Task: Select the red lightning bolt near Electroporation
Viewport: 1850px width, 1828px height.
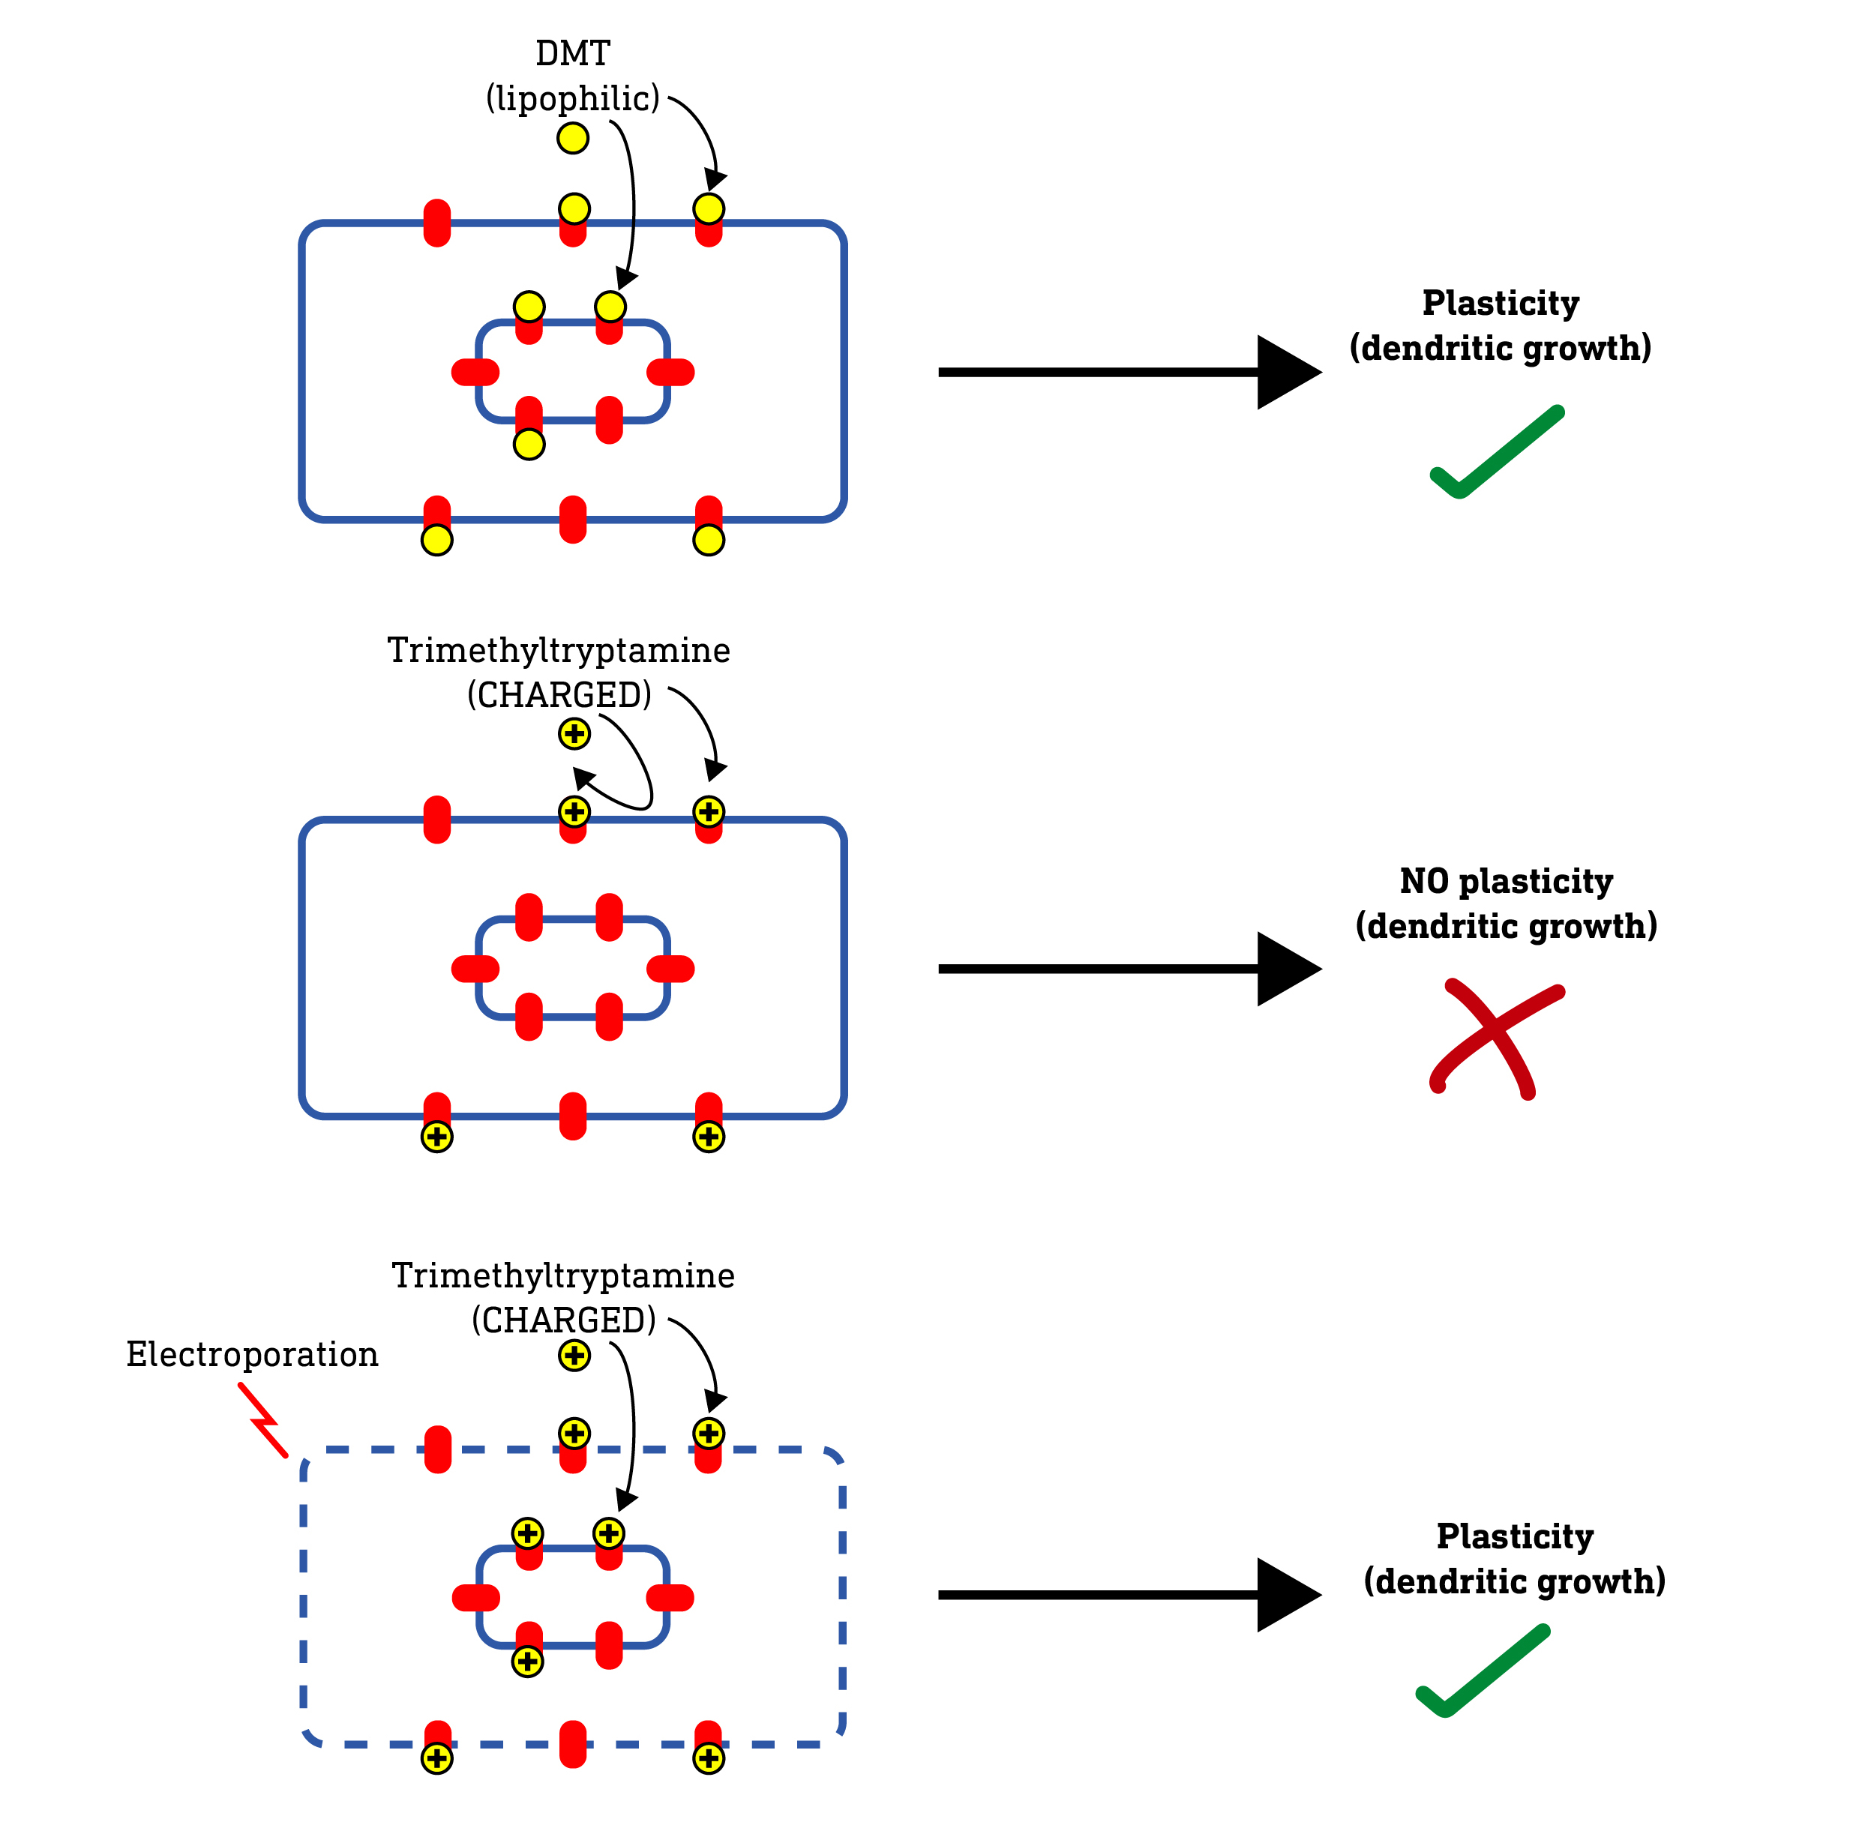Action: pos(262,1420)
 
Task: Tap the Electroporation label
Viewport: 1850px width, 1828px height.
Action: pos(252,1354)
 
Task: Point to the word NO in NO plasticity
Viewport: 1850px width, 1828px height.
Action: pos(1424,881)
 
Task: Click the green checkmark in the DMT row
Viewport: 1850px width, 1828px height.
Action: pos(1496,453)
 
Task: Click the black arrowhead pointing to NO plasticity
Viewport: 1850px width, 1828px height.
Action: pos(1287,969)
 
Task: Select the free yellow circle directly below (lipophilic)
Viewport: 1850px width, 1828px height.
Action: pos(573,139)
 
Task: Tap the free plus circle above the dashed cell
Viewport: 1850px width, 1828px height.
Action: pos(574,1356)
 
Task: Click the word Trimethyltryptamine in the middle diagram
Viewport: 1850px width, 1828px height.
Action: pos(558,650)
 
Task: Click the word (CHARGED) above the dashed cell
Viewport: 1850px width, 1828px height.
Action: pos(563,1320)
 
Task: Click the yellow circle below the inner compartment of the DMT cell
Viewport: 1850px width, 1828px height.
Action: pos(529,445)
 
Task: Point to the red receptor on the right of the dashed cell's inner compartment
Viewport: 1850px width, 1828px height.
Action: pos(670,1597)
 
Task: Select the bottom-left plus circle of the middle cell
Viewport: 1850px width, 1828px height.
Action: pos(436,1137)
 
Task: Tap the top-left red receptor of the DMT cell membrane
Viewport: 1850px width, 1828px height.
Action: pos(436,223)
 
